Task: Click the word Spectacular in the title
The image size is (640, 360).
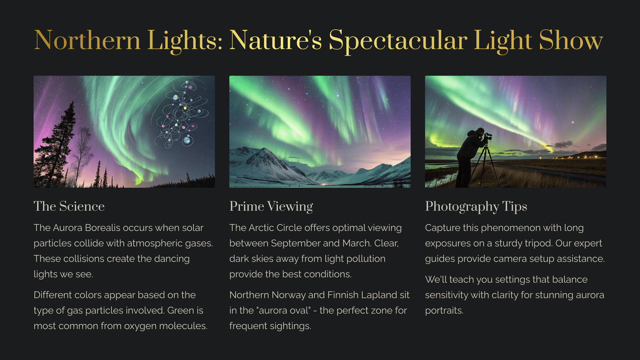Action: tap(398, 41)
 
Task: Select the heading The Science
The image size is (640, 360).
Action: tap(69, 206)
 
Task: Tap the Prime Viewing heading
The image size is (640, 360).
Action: tap(271, 206)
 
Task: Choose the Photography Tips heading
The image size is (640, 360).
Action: tap(476, 206)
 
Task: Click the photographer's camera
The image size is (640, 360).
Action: tap(488, 136)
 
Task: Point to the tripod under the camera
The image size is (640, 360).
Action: tap(485, 166)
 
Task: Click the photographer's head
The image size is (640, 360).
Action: tap(480, 132)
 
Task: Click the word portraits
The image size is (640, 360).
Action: tap(444, 310)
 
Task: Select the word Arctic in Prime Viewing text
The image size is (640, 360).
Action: tap(261, 228)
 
